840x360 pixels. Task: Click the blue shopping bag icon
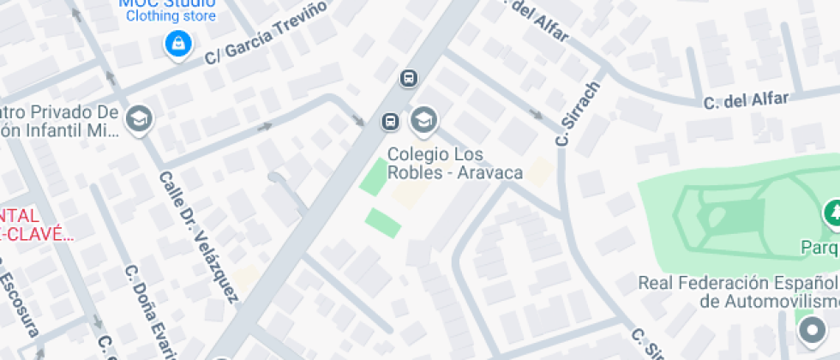point(177,43)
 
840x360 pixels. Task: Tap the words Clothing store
point(171,16)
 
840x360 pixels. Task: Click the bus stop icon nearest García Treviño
point(410,79)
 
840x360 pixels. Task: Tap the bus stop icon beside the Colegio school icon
point(391,121)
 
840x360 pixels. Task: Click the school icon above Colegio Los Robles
point(423,120)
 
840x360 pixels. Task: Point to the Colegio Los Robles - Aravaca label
point(454,164)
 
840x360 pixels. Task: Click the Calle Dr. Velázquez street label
point(198,235)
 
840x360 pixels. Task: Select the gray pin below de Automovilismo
point(808,329)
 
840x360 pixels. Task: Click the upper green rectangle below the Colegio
point(374,177)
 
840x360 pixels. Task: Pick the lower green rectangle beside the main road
point(383,223)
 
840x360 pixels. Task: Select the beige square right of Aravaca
point(538,172)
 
